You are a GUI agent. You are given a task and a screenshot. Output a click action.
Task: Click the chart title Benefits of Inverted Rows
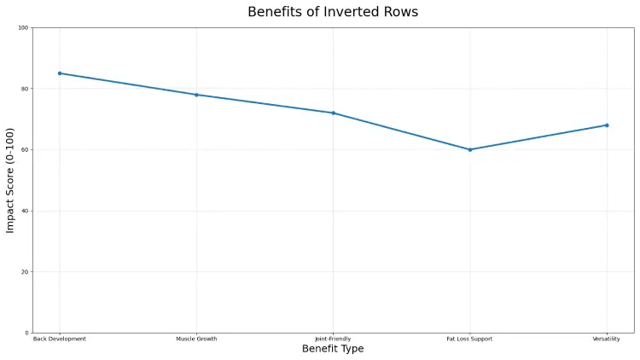[333, 12]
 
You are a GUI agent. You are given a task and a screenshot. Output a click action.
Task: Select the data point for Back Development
[60, 73]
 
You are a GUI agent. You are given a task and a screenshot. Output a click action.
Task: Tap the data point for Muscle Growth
[196, 95]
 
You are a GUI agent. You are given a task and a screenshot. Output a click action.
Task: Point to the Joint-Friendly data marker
[333, 113]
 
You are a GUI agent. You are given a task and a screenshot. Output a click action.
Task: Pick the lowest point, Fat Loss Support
[470, 149]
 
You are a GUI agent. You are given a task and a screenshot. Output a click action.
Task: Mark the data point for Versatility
[607, 125]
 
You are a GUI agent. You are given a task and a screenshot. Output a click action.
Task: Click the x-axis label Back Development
[60, 339]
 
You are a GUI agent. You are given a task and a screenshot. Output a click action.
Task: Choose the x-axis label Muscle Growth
[196, 339]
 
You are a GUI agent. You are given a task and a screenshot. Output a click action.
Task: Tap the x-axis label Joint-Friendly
[333, 339]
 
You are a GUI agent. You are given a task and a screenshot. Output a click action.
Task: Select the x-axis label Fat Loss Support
[470, 339]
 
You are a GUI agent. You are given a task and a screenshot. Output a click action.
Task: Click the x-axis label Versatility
[607, 339]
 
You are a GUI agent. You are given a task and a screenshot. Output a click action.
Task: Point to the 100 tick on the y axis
[23, 28]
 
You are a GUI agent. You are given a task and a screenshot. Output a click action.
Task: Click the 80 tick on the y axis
[25, 89]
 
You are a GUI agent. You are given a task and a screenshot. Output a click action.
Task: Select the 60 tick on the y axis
[25, 150]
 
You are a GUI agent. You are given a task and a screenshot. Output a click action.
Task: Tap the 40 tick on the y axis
[25, 211]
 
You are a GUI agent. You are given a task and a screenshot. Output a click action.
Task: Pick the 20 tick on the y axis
[25, 272]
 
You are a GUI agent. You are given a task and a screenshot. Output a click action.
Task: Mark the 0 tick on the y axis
[26, 333]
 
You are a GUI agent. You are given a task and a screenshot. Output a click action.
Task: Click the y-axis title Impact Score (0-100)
[11, 180]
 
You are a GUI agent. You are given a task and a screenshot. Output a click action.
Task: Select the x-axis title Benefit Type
[333, 349]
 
